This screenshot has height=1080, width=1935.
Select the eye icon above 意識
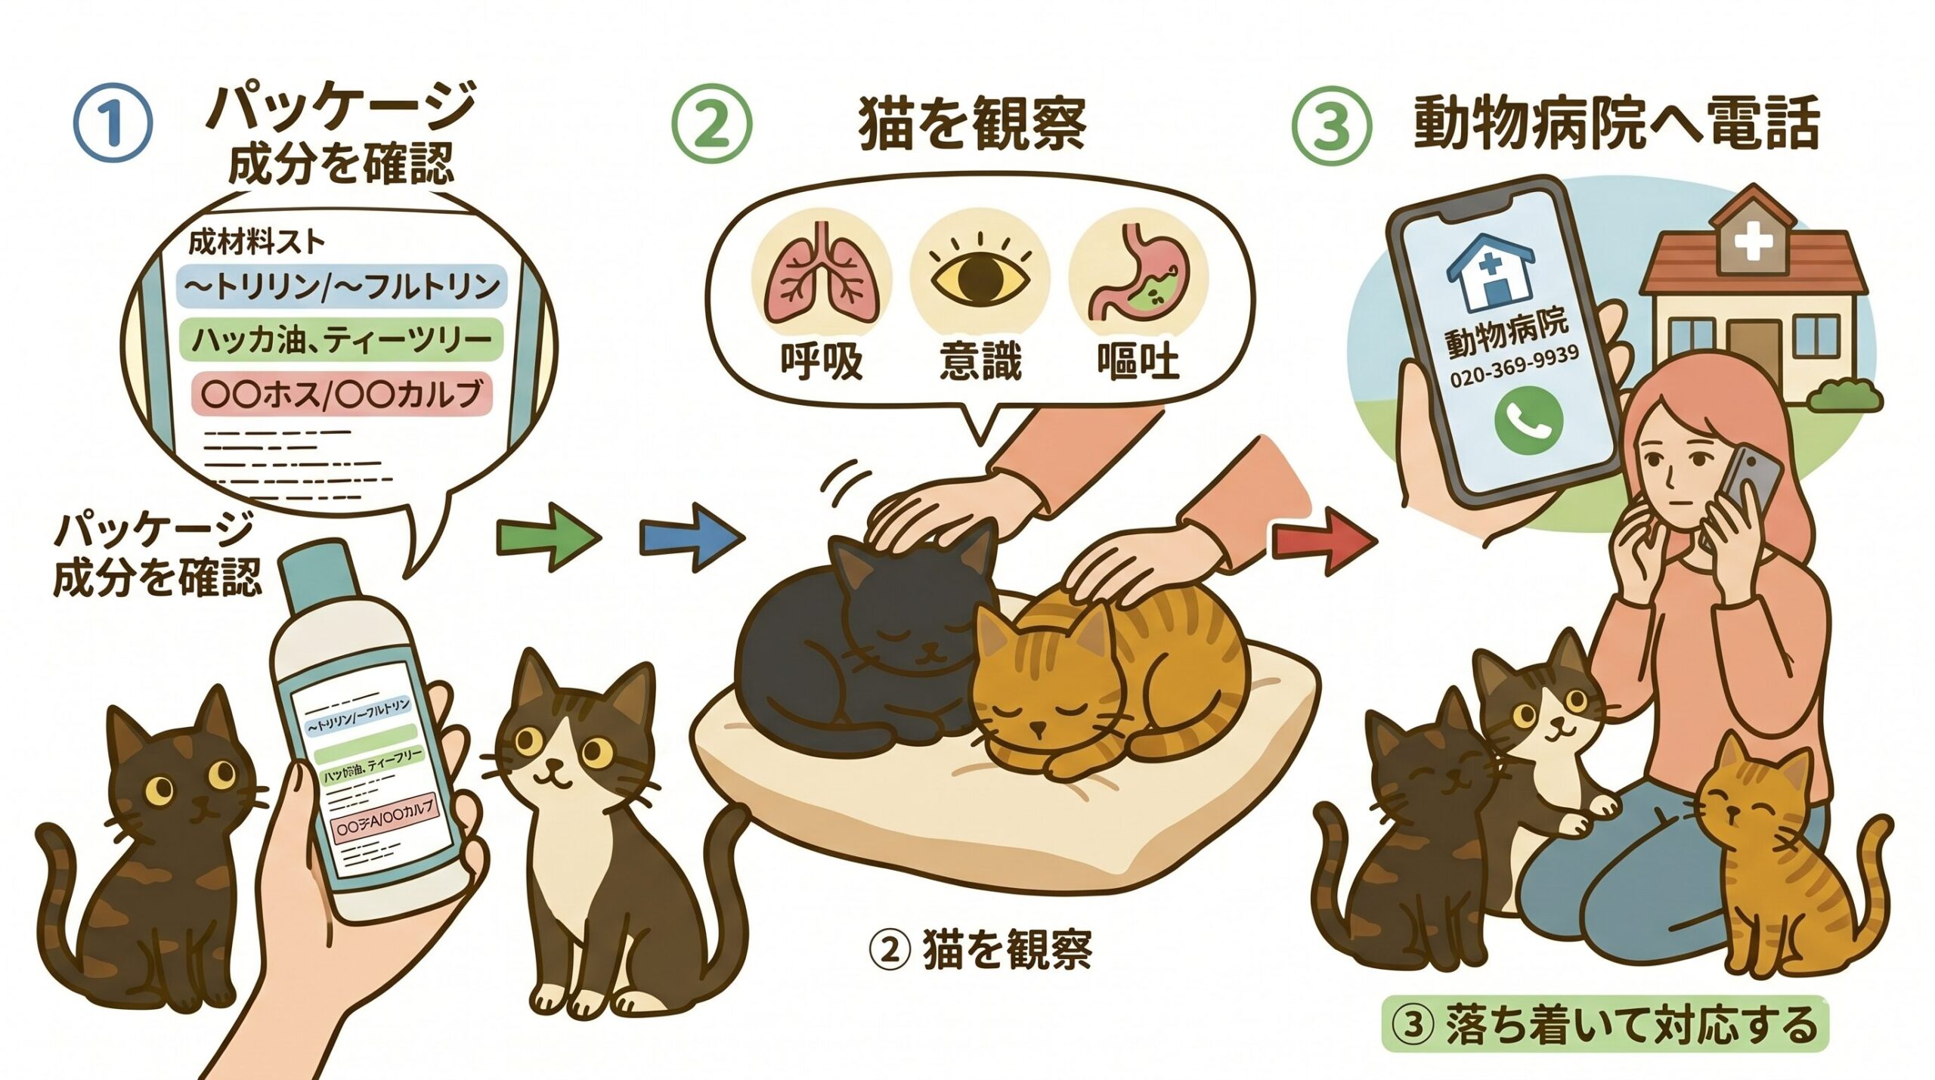(x=980, y=279)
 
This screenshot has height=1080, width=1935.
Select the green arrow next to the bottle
(x=549, y=537)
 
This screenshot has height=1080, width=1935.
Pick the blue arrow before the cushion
(x=691, y=537)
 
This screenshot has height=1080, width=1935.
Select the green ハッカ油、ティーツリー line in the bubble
(x=341, y=339)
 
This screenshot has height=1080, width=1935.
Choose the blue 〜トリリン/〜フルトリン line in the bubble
(x=341, y=285)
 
